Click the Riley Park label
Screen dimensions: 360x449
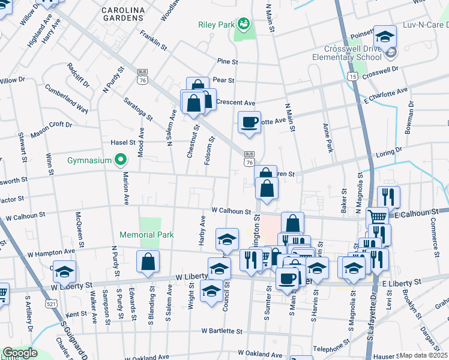[216, 25]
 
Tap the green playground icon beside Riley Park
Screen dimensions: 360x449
[244, 24]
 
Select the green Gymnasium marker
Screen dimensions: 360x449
[121, 160]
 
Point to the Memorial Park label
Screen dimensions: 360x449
[146, 235]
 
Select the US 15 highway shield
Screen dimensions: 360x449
[352, 77]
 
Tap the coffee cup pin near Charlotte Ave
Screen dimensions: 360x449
[249, 122]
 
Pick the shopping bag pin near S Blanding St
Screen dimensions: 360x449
[148, 261]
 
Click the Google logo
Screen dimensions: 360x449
[20, 353]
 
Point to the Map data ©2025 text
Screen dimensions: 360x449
[423, 355]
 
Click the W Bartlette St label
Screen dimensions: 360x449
[221, 331]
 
